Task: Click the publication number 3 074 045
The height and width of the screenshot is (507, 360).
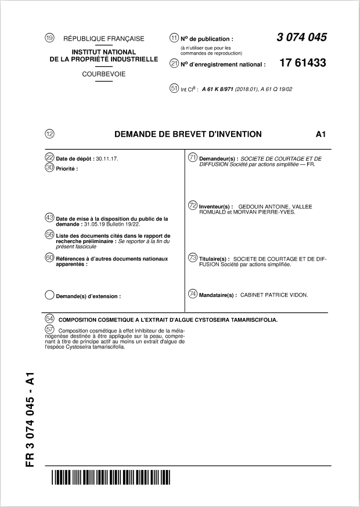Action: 301,38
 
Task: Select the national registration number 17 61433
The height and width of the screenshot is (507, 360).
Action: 303,63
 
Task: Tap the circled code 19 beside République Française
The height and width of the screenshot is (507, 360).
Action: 49,38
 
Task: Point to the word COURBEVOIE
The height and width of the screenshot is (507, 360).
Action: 103,74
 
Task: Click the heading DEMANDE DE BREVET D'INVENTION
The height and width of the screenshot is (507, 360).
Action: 188,134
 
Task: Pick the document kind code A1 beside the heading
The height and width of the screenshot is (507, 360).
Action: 321,134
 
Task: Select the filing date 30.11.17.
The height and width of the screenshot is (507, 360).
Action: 107,158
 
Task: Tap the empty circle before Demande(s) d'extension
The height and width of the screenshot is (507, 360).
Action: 49,295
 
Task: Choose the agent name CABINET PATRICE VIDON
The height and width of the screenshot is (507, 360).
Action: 274,295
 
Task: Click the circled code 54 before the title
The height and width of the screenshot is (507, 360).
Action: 49,318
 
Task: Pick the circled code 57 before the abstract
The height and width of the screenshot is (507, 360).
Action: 49,329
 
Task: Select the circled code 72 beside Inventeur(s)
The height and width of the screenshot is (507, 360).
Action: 193,205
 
